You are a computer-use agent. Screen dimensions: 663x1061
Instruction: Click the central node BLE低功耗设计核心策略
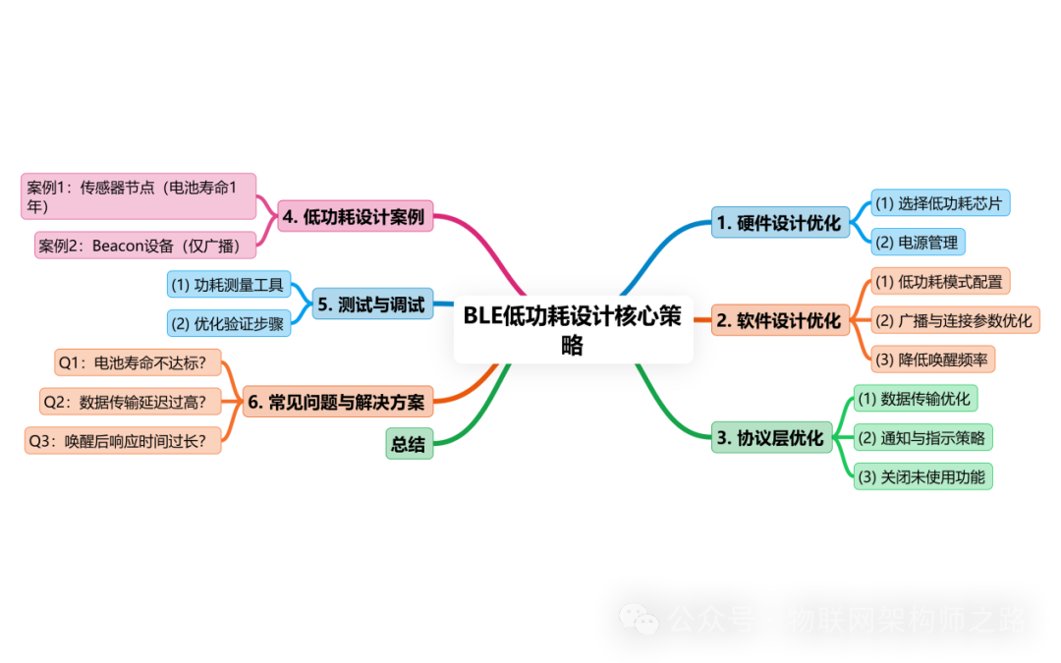(x=573, y=330)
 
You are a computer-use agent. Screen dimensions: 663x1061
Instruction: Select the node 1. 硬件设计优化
(x=779, y=223)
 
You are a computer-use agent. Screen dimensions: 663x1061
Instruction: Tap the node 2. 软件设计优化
(x=779, y=320)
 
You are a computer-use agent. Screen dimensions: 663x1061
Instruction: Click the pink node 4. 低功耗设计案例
(x=354, y=217)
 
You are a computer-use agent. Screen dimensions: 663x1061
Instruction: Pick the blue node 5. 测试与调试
(x=371, y=304)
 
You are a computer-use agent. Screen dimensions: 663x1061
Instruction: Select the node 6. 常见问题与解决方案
(x=337, y=401)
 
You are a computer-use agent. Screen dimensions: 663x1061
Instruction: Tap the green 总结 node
(x=408, y=444)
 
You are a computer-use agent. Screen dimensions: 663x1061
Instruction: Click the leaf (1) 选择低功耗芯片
(x=939, y=203)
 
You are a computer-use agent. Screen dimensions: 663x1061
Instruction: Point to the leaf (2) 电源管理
(x=919, y=242)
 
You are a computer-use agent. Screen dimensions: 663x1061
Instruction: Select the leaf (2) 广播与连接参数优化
(x=953, y=320)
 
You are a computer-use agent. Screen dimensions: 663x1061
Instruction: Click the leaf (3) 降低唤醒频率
(x=931, y=359)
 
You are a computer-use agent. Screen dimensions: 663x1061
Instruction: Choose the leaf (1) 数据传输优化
(x=914, y=398)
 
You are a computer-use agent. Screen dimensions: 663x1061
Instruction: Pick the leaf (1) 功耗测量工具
(x=228, y=285)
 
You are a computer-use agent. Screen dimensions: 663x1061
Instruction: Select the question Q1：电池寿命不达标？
(x=138, y=362)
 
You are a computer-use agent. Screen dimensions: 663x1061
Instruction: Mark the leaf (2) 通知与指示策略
(x=921, y=438)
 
